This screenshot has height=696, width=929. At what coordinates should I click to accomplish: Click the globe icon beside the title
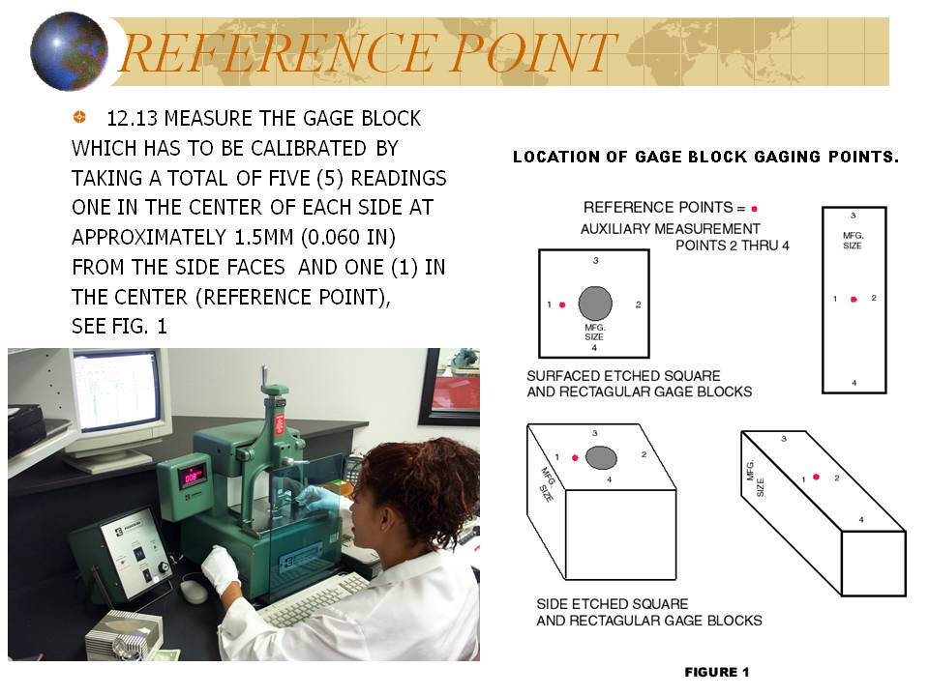(70, 51)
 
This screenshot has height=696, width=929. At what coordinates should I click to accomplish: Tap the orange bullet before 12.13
(79, 117)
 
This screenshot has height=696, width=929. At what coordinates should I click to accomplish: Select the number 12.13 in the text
(133, 118)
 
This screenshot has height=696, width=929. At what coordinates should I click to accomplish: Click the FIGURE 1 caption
(717, 672)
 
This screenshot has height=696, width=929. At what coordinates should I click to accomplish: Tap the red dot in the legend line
(754, 209)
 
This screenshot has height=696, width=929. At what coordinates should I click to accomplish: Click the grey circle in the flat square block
(595, 304)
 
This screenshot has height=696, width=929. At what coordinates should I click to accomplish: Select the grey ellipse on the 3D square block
(601, 457)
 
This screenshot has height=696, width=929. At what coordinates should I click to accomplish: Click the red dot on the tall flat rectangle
(854, 300)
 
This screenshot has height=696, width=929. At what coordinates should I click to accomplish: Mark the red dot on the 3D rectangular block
(817, 477)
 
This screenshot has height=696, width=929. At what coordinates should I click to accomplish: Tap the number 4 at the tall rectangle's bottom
(854, 383)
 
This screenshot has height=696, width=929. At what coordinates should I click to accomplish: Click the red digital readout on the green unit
(193, 477)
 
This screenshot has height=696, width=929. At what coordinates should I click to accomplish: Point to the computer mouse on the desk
(194, 592)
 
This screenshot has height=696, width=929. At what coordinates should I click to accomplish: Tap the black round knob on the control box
(163, 567)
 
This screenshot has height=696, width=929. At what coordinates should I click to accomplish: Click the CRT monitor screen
(118, 391)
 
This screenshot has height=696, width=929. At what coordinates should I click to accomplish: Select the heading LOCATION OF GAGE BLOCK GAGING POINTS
(705, 157)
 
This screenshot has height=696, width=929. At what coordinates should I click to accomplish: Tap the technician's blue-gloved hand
(321, 500)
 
